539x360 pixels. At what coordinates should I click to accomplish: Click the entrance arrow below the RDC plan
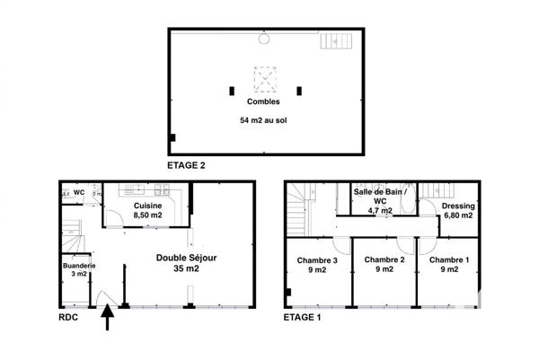(x=110, y=319)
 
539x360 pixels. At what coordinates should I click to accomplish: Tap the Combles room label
(x=265, y=101)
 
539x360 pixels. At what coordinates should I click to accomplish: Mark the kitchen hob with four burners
(x=162, y=190)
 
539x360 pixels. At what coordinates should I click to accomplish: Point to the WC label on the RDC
(x=79, y=192)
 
